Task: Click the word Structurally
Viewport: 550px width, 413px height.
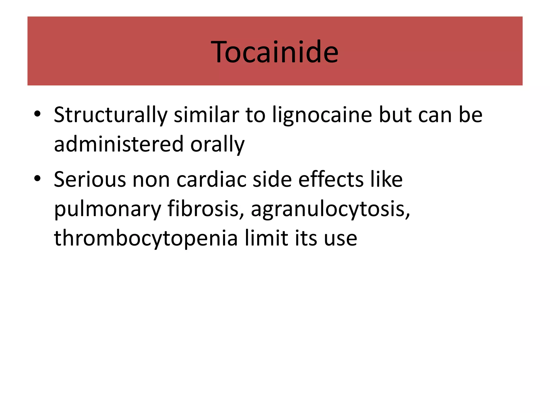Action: (110, 115)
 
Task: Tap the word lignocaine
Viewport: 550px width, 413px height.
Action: (322, 115)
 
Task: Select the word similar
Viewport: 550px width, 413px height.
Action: (206, 115)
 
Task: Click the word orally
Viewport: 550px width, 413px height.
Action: (218, 145)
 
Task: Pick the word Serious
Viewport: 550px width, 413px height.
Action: (90, 179)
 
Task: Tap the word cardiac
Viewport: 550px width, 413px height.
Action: (211, 179)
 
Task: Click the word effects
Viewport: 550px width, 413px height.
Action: (331, 179)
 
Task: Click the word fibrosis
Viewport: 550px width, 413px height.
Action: (203, 209)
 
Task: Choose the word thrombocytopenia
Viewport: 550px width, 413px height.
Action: (146, 239)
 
